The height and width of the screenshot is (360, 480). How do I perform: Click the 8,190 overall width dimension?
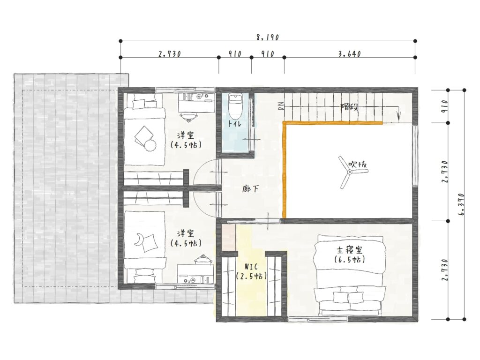[268, 37]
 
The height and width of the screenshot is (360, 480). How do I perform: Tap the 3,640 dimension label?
[350, 54]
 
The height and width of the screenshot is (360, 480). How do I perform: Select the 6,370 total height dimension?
[462, 204]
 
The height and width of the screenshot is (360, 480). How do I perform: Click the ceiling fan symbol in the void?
[350, 172]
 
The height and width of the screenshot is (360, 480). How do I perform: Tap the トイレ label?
[234, 124]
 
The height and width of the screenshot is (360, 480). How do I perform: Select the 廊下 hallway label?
[250, 189]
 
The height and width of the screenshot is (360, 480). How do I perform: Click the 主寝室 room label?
[350, 250]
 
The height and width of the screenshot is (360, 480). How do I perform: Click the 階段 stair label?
[349, 107]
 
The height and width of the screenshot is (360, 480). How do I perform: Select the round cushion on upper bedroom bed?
[150, 145]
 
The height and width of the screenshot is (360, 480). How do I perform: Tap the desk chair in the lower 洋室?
[202, 259]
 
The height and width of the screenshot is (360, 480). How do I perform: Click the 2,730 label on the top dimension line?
[170, 54]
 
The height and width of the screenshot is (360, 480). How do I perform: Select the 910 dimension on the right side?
[445, 106]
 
